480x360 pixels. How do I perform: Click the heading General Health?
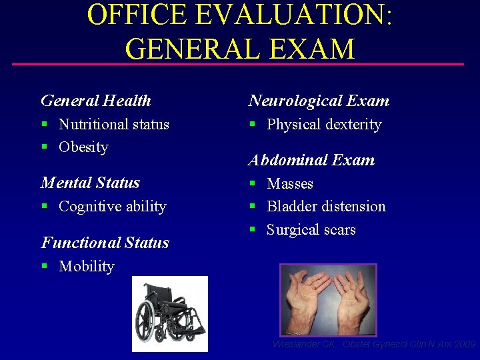click(96, 101)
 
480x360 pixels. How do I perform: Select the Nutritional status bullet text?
click(114, 124)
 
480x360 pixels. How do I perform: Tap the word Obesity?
click(83, 147)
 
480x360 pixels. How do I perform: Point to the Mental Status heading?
click(90, 183)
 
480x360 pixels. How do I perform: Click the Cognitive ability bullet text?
click(112, 207)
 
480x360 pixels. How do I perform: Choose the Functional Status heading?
click(105, 243)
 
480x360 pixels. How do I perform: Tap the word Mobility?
click(87, 267)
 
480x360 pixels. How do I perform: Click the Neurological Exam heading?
click(319, 101)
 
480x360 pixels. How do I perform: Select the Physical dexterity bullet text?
click(324, 124)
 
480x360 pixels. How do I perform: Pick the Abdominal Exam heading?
click(311, 160)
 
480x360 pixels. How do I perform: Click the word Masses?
click(290, 183)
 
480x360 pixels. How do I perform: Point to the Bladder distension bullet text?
click(326, 207)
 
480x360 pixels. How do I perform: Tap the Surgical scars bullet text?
click(311, 230)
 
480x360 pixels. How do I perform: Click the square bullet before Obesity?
click(44, 147)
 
